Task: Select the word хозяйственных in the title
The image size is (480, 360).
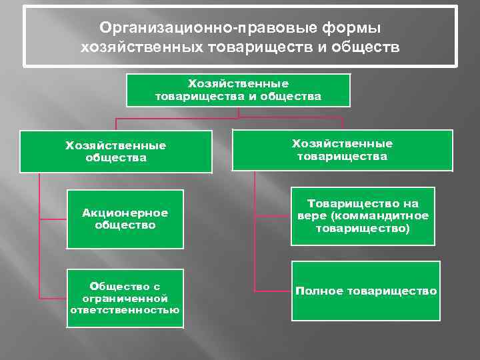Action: coord(141,47)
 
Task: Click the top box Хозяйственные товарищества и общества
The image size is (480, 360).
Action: coord(238,90)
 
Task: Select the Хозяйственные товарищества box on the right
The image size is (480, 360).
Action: coord(342,150)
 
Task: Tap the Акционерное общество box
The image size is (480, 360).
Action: coord(125,219)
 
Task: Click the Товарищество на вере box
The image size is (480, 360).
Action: coord(363,215)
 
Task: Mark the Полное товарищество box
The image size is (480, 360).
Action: coord(365,291)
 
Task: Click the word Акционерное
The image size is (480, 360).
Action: coord(125,213)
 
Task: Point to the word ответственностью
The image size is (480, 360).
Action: coord(125,309)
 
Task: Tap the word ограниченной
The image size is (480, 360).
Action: coord(125,299)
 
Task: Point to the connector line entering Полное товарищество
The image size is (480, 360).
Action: coord(273,291)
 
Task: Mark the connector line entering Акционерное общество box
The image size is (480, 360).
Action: coord(53,219)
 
